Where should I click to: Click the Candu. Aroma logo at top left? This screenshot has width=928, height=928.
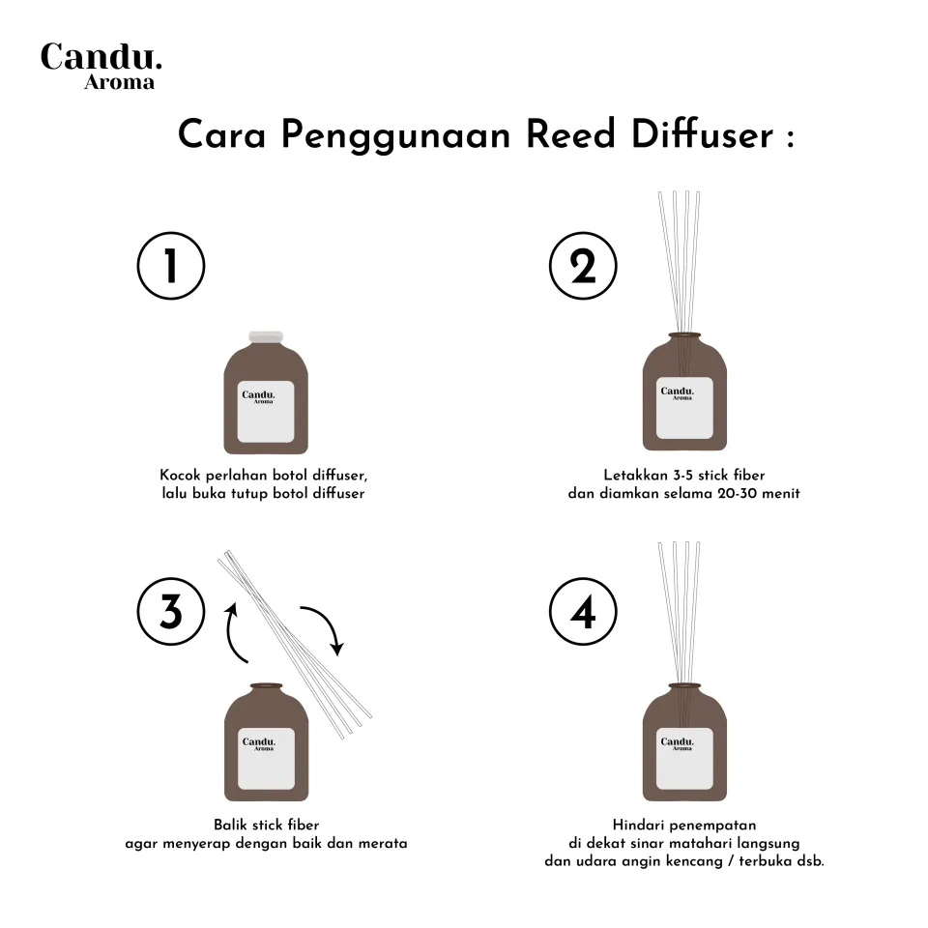click(101, 66)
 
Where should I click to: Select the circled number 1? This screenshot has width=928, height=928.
click(171, 266)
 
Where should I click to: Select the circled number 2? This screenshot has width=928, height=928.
click(583, 266)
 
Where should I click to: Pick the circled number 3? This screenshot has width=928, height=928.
click(171, 611)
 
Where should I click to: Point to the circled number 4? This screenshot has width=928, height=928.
click(583, 611)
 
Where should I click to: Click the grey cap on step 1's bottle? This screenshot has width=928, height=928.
click(266, 336)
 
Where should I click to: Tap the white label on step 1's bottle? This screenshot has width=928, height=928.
click(266, 412)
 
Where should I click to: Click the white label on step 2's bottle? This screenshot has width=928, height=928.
click(684, 408)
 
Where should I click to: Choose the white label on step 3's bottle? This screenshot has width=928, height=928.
click(267, 759)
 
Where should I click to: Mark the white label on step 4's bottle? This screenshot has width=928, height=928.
click(684, 759)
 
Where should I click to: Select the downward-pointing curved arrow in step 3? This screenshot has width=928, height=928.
click(329, 623)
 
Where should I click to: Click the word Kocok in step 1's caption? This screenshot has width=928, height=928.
click(181, 476)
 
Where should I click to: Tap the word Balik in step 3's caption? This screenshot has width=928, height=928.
click(230, 825)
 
